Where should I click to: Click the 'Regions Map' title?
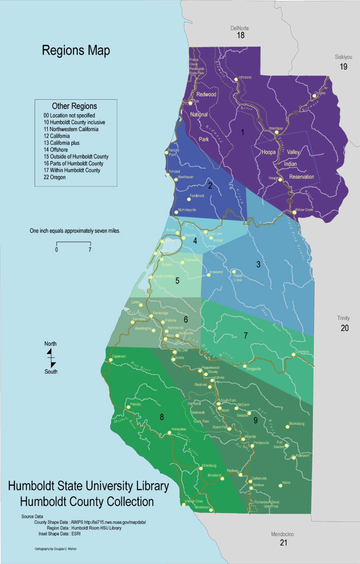tap(76, 51)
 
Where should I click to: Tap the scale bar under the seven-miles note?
tap(73, 243)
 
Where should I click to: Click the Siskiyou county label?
tap(343, 58)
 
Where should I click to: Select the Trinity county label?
tap(343, 318)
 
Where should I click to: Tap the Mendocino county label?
tap(283, 534)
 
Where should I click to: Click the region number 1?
tap(242, 133)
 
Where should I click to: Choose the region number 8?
tap(162, 417)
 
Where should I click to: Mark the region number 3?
tap(258, 264)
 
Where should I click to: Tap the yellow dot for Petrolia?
tap(127, 407)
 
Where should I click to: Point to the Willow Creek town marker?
tap(294, 212)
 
